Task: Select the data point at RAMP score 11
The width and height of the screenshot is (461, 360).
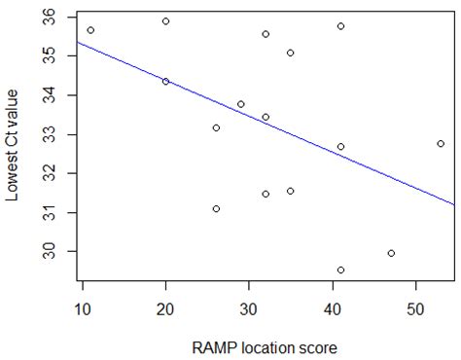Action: pyautogui.click(x=90, y=30)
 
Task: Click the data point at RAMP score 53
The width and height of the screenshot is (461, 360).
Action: pyautogui.click(x=441, y=143)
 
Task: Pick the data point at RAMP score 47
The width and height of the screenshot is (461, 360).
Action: pyautogui.click(x=391, y=253)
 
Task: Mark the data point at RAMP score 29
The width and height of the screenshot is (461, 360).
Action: pyautogui.click(x=240, y=104)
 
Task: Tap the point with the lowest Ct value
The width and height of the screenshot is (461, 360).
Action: pyautogui.click(x=340, y=270)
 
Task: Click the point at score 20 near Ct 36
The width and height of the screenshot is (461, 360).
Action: pyautogui.click(x=165, y=21)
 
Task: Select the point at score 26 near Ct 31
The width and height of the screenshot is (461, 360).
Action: pyautogui.click(x=216, y=208)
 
